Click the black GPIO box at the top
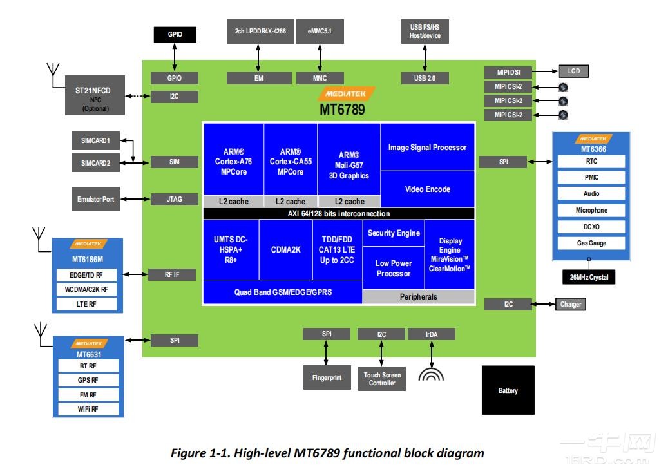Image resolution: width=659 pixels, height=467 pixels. coord(175,35)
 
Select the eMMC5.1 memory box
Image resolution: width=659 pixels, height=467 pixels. coord(320,31)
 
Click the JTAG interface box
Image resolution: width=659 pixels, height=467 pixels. coord(174,199)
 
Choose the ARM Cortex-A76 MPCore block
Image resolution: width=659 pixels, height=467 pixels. coord(233,162)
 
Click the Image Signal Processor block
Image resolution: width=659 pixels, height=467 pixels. coord(427,148)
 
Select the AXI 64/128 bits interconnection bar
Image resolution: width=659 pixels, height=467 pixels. coord(339,214)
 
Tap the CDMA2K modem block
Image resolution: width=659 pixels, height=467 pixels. coord(285,249)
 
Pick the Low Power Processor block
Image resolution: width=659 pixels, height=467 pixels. coord(394,269)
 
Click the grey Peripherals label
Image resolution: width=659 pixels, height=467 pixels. coord(419,297)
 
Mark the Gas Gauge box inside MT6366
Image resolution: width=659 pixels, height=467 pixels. coord(591,243)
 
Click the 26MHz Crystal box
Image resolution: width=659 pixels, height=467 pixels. coord(588,278)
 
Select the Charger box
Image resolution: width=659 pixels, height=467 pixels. coord(570,304)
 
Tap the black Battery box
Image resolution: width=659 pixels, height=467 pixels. coord(508,390)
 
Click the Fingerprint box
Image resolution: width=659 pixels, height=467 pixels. coord(326,377)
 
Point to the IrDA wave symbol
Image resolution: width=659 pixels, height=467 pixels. coord(431,374)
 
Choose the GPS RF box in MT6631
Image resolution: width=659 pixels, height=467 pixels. coord(88,381)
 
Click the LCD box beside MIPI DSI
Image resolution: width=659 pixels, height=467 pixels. coord(573,71)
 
